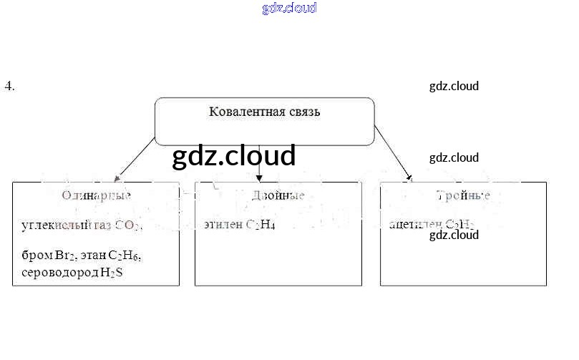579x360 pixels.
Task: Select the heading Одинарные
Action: pyautogui.click(x=96, y=195)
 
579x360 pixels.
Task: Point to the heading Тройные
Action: pyautogui.click(x=463, y=195)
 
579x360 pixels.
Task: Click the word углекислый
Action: pyautogui.click(x=56, y=226)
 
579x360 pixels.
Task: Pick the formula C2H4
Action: pyautogui.click(x=261, y=225)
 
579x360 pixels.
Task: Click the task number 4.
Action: pyautogui.click(x=9, y=87)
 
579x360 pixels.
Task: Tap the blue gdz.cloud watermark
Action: pyautogui.click(x=289, y=9)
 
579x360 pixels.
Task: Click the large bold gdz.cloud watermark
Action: pyautogui.click(x=233, y=155)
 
